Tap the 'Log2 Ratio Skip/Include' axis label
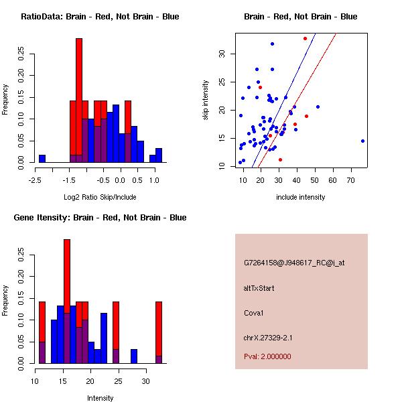[100, 197]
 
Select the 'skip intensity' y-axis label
[206, 100]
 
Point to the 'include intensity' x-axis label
[300, 197]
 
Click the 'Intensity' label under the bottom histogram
[100, 398]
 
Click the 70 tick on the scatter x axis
[351, 180]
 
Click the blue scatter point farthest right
[362, 141]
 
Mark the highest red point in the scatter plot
[305, 38]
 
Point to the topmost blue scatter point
[272, 44]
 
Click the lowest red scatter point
[280, 159]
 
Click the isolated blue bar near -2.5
[42, 159]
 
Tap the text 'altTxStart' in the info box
[259, 288]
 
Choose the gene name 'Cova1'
[253, 312]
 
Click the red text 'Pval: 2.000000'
[267, 356]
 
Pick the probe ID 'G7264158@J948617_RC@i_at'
[294, 263]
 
